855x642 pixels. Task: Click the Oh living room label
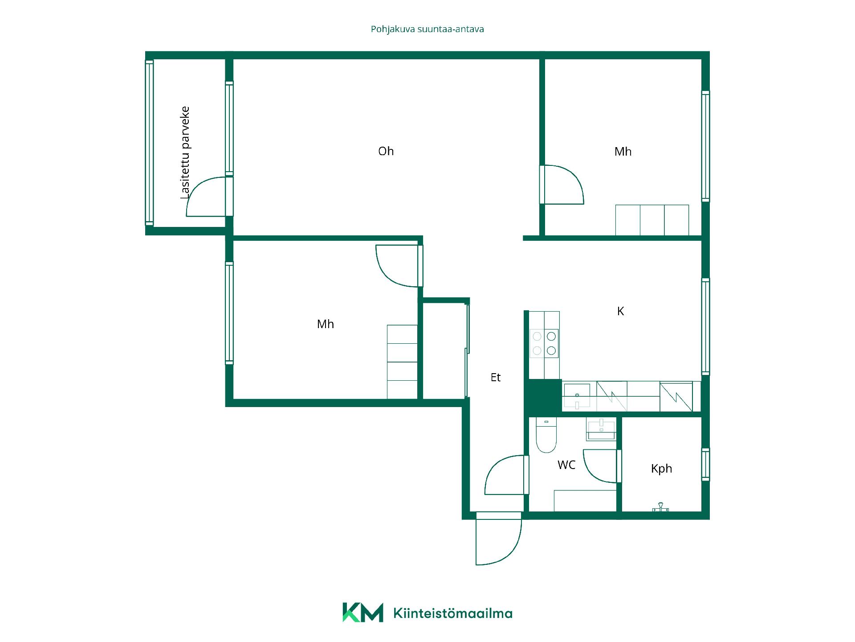[386, 151]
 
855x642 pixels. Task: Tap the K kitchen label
[620, 311]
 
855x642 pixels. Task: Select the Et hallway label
[496, 377]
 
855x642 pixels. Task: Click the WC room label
[566, 465]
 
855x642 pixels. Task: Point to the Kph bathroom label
[661, 469]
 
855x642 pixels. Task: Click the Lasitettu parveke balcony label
[185, 152]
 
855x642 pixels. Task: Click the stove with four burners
[544, 343]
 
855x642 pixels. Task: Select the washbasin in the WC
[601, 429]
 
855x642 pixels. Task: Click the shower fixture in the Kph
[660, 507]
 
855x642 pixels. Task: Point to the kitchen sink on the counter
[577, 396]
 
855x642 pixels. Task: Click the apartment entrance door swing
[498, 539]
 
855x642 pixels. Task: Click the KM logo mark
[362, 612]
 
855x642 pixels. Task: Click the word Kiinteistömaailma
[453, 613]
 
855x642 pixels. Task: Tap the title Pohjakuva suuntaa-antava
[427, 29]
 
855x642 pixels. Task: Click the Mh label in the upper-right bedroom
[623, 152]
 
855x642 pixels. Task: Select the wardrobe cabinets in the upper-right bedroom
[652, 220]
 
